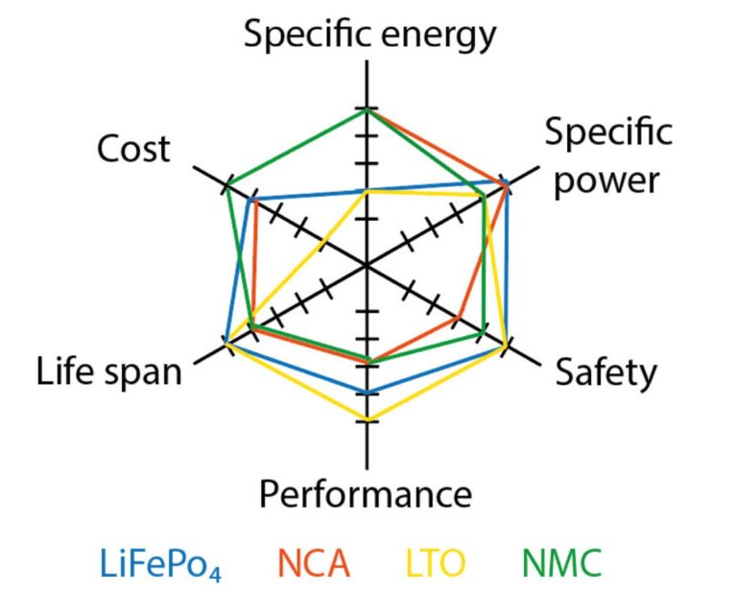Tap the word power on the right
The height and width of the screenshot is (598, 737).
(x=610, y=179)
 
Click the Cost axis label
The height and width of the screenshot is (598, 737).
(x=133, y=149)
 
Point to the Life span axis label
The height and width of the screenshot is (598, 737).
(x=108, y=371)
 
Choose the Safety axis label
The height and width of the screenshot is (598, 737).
(x=606, y=372)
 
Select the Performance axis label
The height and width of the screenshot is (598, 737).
(x=366, y=495)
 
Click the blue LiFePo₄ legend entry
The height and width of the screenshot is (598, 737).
(x=161, y=562)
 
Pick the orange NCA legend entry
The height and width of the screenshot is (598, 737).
(x=315, y=562)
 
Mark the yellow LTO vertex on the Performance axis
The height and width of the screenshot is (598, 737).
(x=367, y=419)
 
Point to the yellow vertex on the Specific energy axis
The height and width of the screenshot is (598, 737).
(x=367, y=191)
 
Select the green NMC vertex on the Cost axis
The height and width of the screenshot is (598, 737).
(x=227, y=183)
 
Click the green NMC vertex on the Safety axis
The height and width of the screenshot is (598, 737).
(x=483, y=332)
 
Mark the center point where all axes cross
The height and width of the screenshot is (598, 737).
(x=367, y=264)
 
